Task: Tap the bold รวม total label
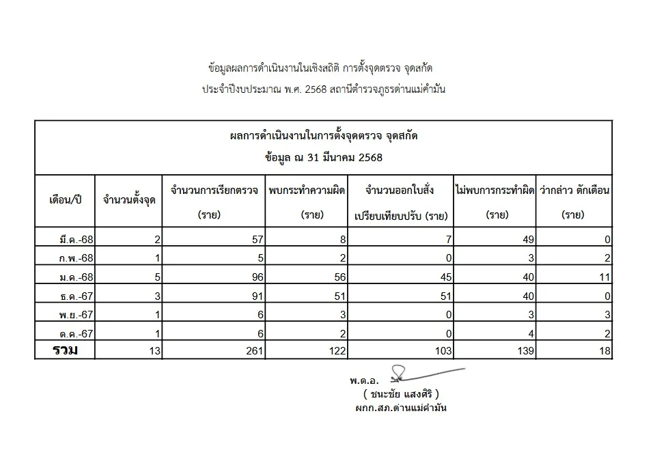click(66, 351)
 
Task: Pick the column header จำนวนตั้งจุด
click(128, 201)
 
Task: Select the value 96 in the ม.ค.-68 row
click(256, 278)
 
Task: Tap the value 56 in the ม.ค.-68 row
click(339, 278)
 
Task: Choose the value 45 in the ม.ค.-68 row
click(445, 278)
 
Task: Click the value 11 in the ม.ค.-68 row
click(605, 278)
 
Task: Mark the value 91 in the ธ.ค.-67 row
click(256, 296)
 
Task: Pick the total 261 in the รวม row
click(253, 352)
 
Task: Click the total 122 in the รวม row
click(337, 352)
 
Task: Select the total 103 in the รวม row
click(442, 352)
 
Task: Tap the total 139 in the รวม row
click(525, 352)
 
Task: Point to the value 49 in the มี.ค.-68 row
click(528, 240)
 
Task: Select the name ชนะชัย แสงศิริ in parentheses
click(401, 394)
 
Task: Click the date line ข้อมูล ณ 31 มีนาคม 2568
click(324, 158)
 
